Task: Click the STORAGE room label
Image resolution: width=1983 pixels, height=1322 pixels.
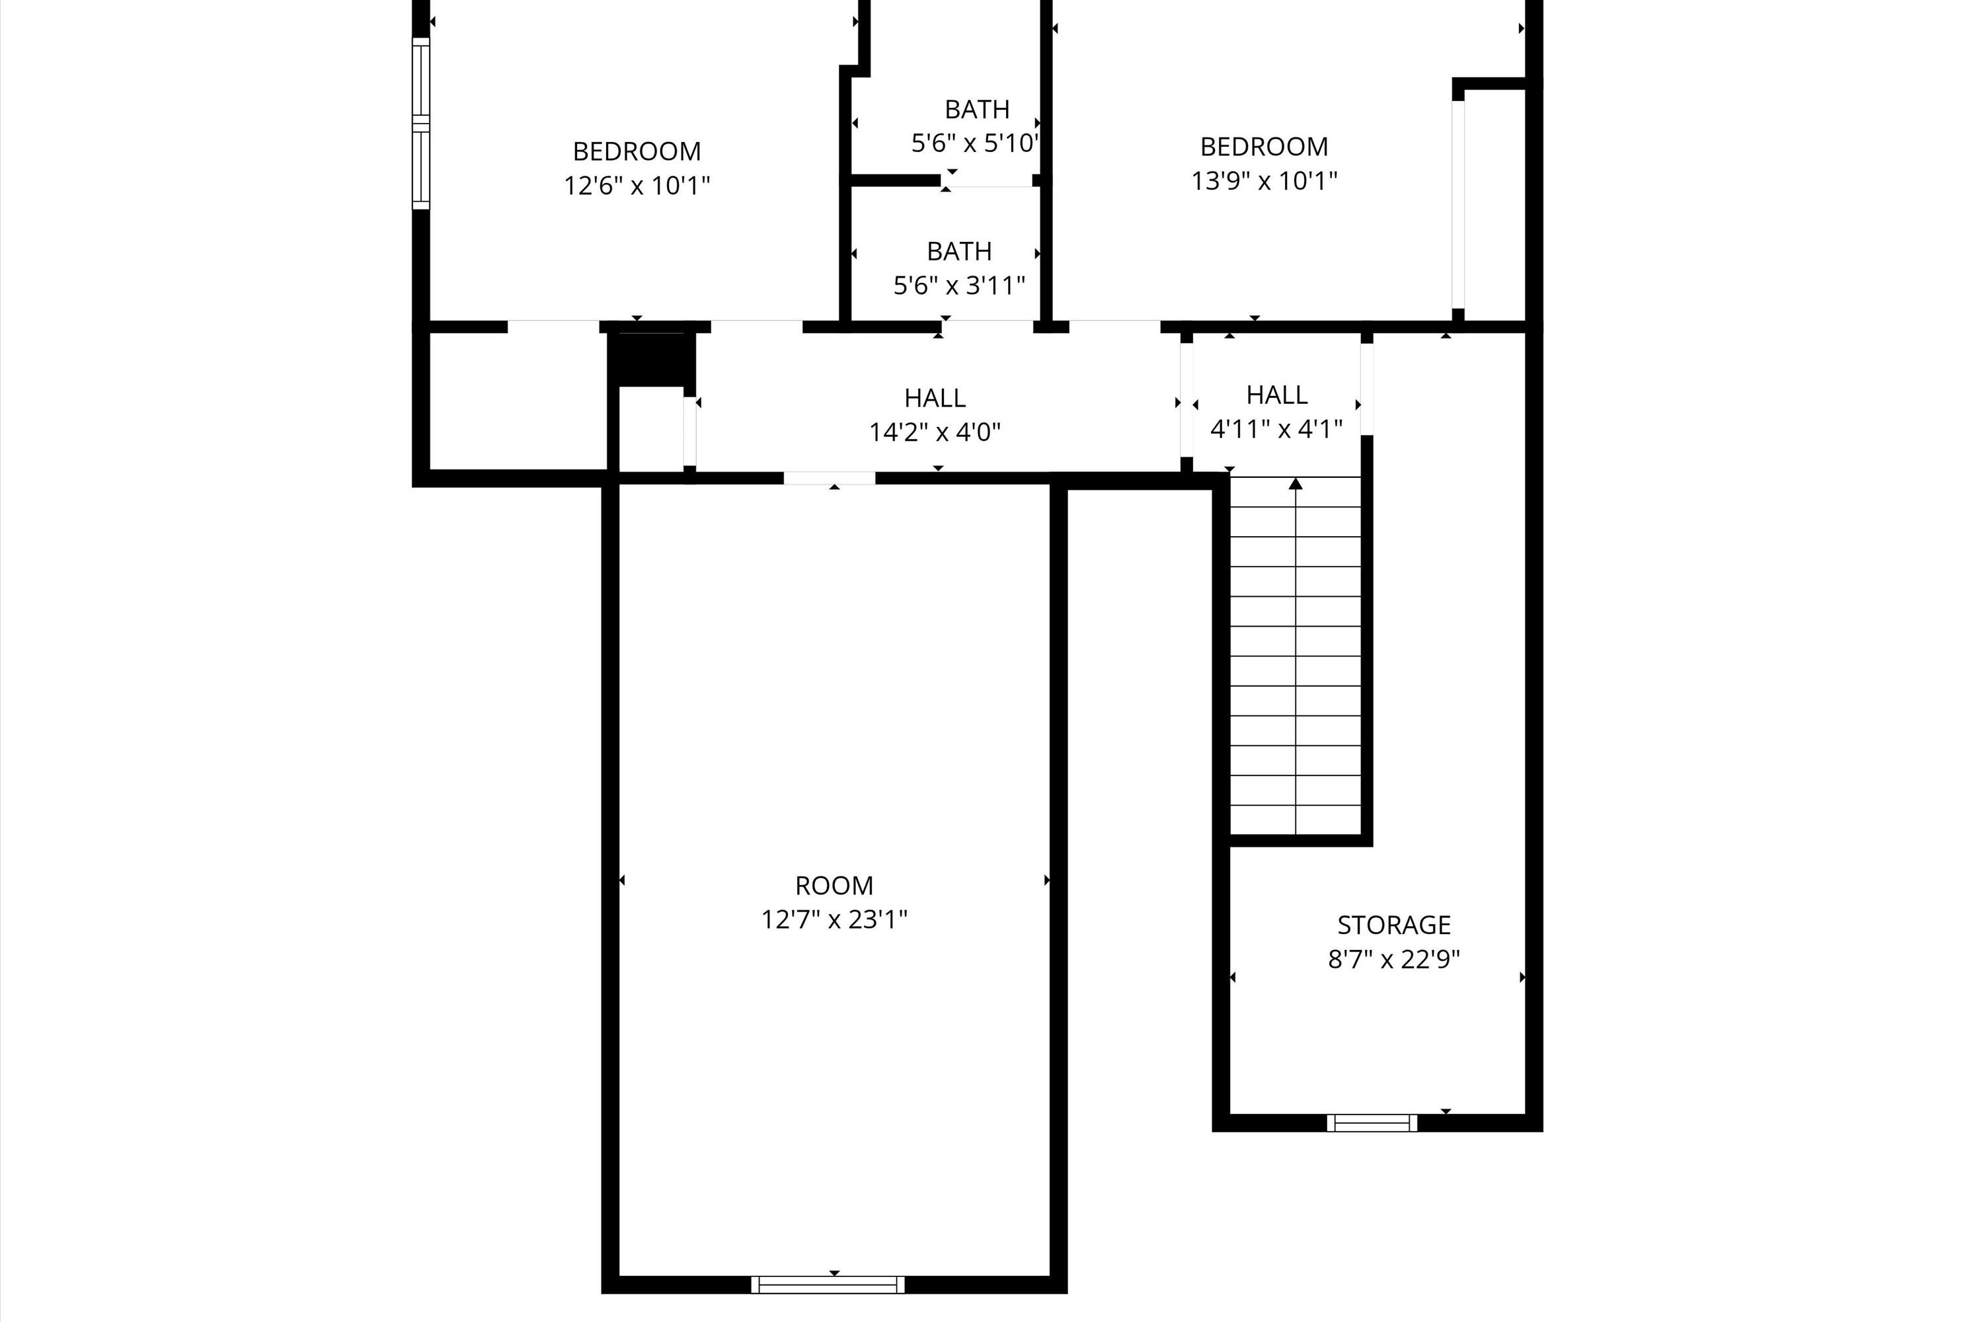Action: coord(1393,925)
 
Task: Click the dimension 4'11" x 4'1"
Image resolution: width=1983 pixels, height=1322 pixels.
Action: coord(1276,429)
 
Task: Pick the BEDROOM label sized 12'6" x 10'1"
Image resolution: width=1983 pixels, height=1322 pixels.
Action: coord(637,152)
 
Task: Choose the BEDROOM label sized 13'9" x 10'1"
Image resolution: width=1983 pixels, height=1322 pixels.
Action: coord(1264,147)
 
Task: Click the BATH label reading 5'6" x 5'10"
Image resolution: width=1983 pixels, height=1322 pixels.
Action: coord(976,110)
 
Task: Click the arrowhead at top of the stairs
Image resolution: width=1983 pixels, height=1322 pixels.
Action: coord(1296,484)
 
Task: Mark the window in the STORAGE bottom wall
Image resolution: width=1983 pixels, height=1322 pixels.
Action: coord(1372,1123)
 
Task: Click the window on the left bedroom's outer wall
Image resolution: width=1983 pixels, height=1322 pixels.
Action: coord(420,123)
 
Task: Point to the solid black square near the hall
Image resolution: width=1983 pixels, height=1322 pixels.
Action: coord(651,359)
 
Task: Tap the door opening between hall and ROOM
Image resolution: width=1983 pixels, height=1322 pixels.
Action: coord(830,478)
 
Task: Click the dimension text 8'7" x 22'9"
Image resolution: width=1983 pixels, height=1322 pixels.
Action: coord(1393,960)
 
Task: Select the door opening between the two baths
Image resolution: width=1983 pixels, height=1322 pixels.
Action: coord(988,181)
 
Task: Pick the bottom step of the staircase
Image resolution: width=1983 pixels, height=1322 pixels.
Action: coord(1295,820)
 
